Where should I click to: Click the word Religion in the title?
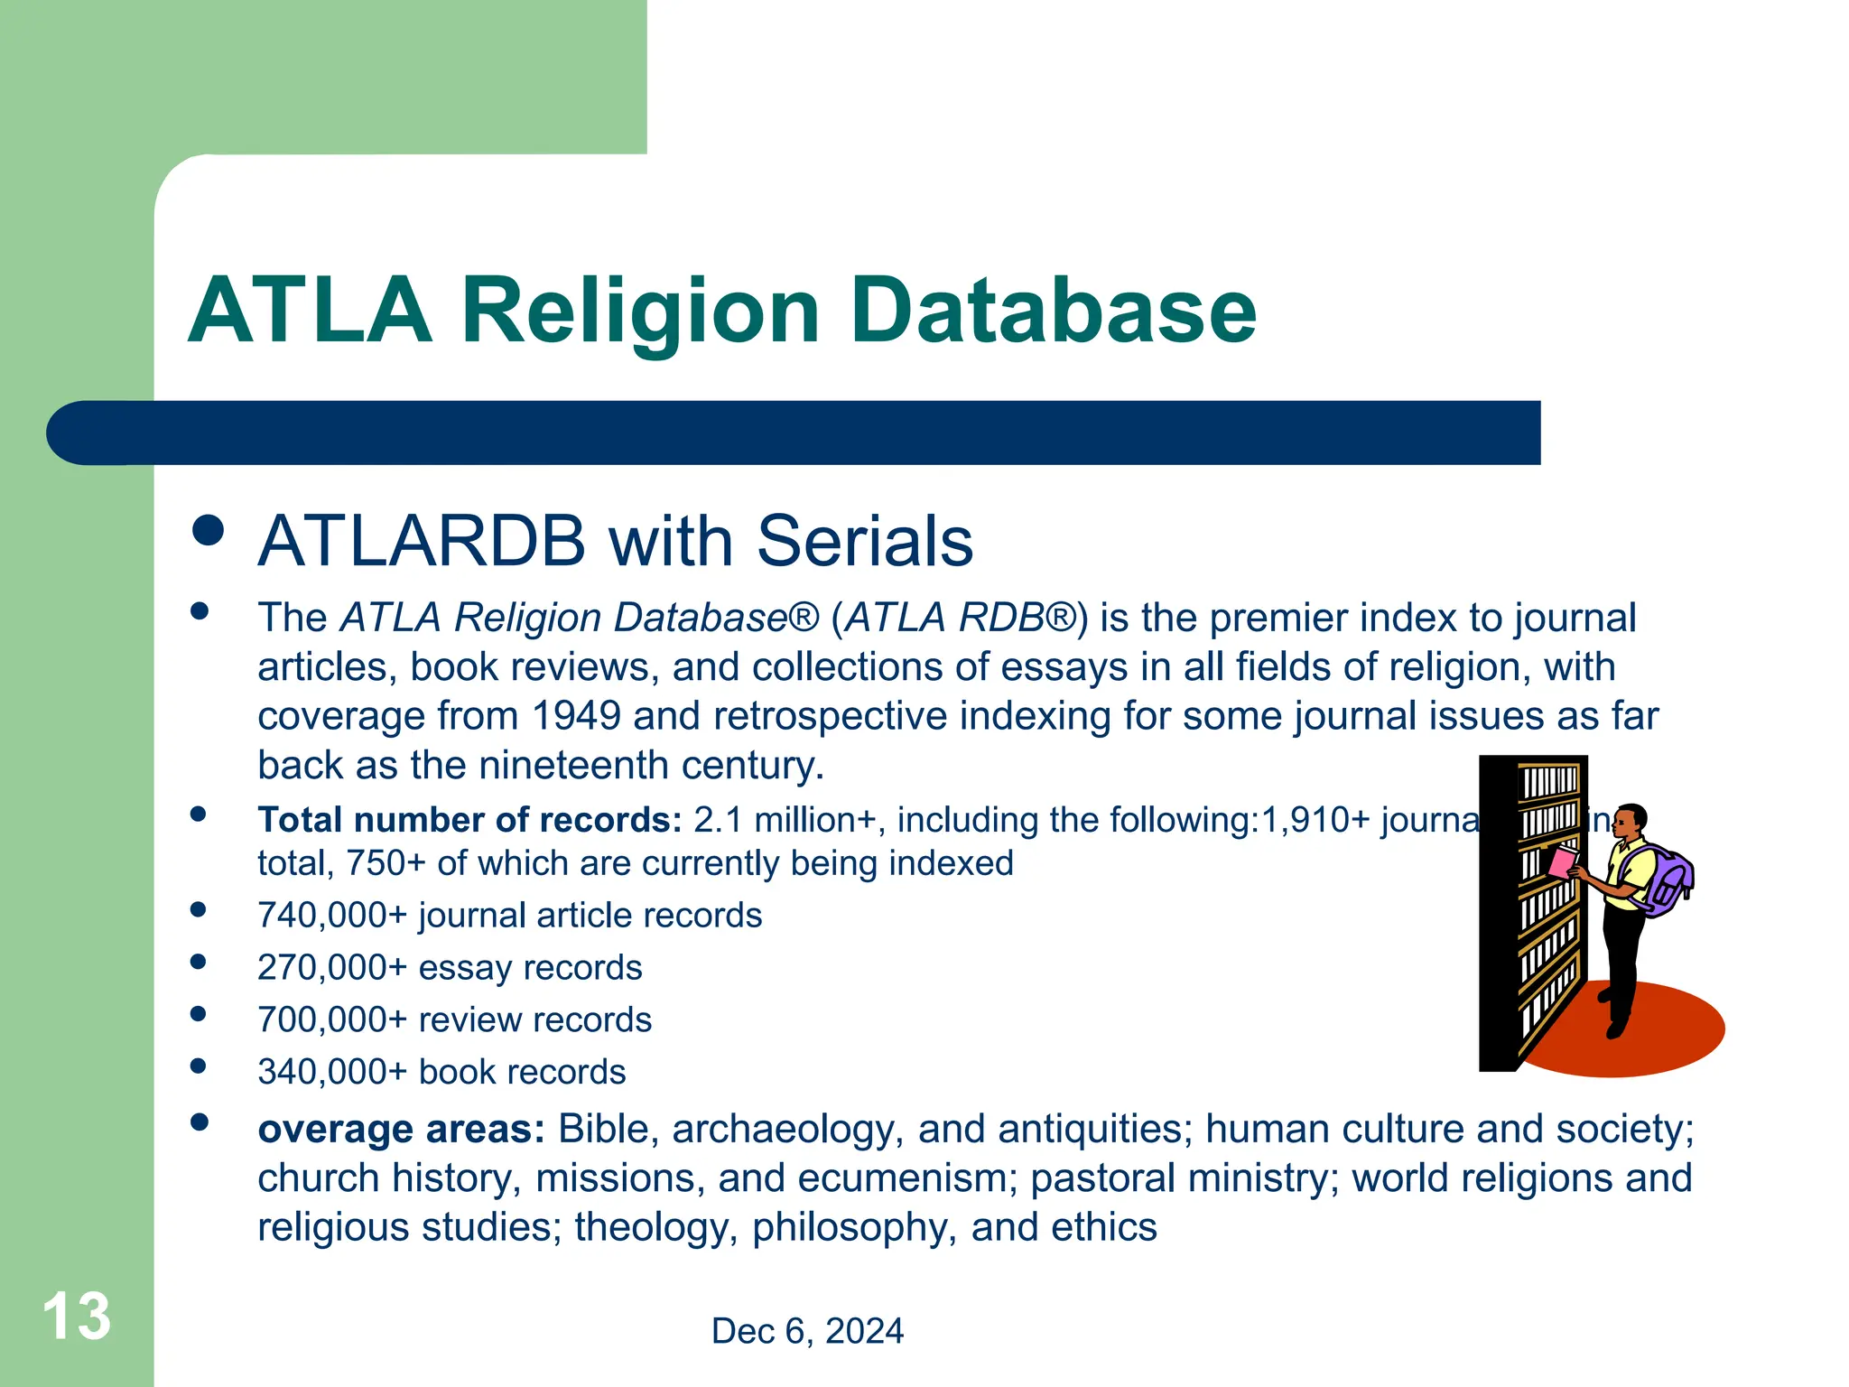pos(639,312)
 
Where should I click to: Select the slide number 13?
pos(77,1317)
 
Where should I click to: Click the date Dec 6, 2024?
pos(807,1331)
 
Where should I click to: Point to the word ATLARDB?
pos(422,542)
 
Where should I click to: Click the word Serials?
pos(864,542)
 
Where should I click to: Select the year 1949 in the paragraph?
pos(576,716)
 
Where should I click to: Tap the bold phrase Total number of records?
pos(469,820)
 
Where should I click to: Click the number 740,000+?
pos(332,916)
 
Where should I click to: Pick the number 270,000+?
pos(332,968)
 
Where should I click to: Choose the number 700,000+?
pos(332,1020)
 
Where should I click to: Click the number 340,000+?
pos(332,1073)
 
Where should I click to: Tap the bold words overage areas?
pos(401,1130)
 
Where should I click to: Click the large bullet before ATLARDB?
pos(209,530)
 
